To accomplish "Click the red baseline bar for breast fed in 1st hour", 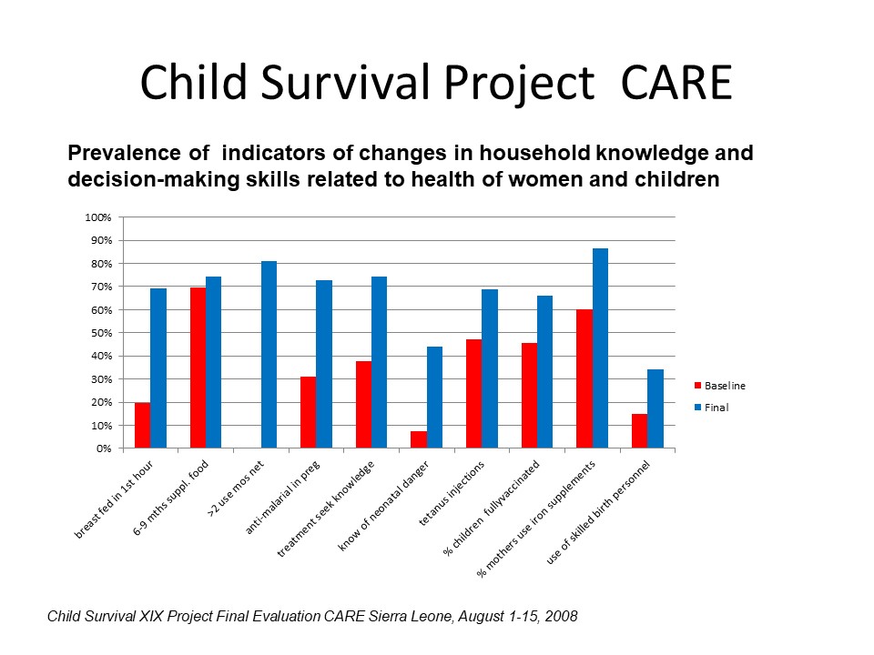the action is point(142,425).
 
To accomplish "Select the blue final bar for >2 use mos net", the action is point(269,354).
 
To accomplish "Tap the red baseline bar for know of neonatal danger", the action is point(419,439).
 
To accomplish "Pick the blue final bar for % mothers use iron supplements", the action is point(600,348).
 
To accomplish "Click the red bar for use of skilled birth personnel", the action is point(640,431).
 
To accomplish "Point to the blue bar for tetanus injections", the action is point(490,368).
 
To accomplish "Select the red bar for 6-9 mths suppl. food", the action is point(198,368).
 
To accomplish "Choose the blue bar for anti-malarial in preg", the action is point(324,364).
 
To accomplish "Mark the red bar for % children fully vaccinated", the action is point(530,396).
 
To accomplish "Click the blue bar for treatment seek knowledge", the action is point(379,362).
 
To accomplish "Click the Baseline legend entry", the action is point(719,386).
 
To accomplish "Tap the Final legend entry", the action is point(711,408).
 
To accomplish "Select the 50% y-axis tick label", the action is point(101,333).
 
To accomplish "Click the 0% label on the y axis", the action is point(104,448).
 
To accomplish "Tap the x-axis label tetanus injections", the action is point(452,493).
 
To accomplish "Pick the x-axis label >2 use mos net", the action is point(235,489).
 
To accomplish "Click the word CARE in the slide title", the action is point(676,83).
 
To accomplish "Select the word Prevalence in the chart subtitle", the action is point(124,153).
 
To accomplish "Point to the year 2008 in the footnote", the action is point(561,616).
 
